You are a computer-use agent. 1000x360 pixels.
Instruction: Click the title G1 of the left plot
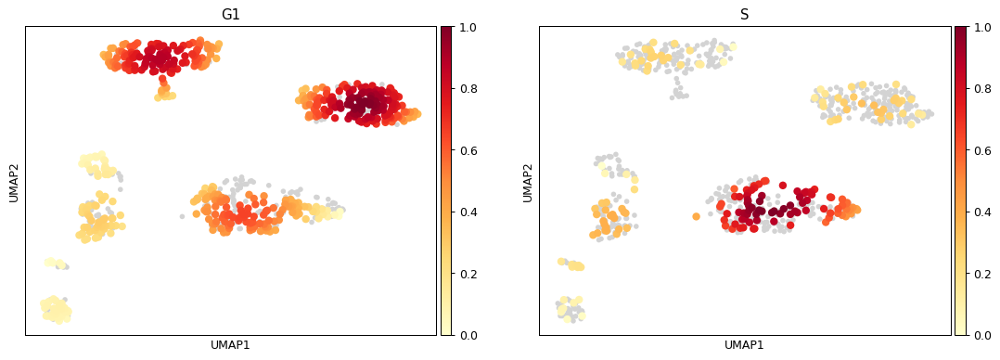point(230,15)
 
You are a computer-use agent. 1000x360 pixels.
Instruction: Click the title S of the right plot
point(744,15)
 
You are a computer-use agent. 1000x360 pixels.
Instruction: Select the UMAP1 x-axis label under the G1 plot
point(230,345)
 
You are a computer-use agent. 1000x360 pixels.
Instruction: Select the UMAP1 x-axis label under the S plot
point(744,345)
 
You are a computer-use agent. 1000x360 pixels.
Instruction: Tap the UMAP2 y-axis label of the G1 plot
point(14,181)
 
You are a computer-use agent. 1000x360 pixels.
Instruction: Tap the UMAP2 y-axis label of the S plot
point(528,181)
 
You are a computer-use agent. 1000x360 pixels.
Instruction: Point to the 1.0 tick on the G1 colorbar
point(469,27)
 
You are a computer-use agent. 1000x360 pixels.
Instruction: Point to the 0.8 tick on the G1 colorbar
point(469,88)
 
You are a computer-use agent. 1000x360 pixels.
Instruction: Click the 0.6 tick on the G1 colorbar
point(469,150)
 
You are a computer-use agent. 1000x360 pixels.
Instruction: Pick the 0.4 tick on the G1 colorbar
point(469,212)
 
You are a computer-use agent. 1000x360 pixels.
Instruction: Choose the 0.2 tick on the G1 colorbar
point(469,274)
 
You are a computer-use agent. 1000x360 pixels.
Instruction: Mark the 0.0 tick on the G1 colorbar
point(469,335)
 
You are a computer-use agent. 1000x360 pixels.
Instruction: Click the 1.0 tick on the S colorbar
point(983,27)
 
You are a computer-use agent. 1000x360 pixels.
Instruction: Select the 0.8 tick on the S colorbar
point(983,88)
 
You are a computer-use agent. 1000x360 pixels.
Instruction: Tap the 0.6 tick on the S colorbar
point(983,150)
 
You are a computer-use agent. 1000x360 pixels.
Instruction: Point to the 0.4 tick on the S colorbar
point(983,212)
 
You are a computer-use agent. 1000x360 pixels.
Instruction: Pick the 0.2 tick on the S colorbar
point(983,274)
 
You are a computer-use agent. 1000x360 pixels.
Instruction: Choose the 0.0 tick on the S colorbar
point(983,335)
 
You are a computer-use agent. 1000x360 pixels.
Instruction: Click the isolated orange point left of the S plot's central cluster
point(696,216)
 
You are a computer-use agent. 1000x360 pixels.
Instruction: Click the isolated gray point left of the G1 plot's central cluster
point(182,216)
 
